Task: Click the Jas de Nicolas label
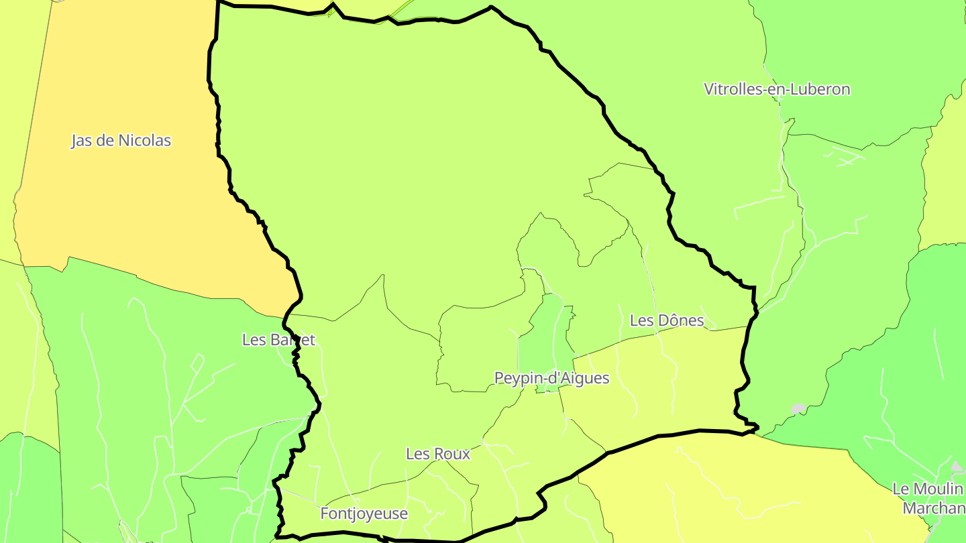121,141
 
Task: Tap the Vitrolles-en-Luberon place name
777,89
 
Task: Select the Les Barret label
278,340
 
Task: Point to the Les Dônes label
667,320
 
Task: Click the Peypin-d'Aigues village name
551,378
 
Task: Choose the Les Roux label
438,454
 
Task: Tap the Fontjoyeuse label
364,514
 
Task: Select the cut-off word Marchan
934,508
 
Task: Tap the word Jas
82,141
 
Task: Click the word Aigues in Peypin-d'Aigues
584,378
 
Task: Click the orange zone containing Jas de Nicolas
134,215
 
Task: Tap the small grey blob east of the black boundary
798,408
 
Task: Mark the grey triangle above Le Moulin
956,465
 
